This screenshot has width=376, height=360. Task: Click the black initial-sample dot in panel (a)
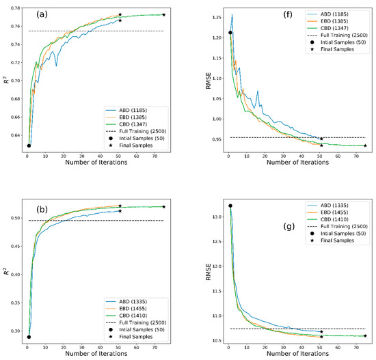[29, 146]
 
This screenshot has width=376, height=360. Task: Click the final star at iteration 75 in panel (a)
[163, 14]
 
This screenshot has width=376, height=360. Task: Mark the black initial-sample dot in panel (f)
[230, 32]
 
